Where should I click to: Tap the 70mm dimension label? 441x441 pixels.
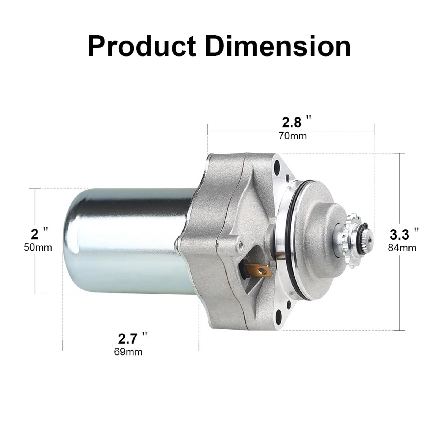292,136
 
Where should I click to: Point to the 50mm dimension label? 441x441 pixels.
38,247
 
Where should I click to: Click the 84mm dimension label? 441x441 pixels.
402,248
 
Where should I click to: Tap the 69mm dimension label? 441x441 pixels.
128,352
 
